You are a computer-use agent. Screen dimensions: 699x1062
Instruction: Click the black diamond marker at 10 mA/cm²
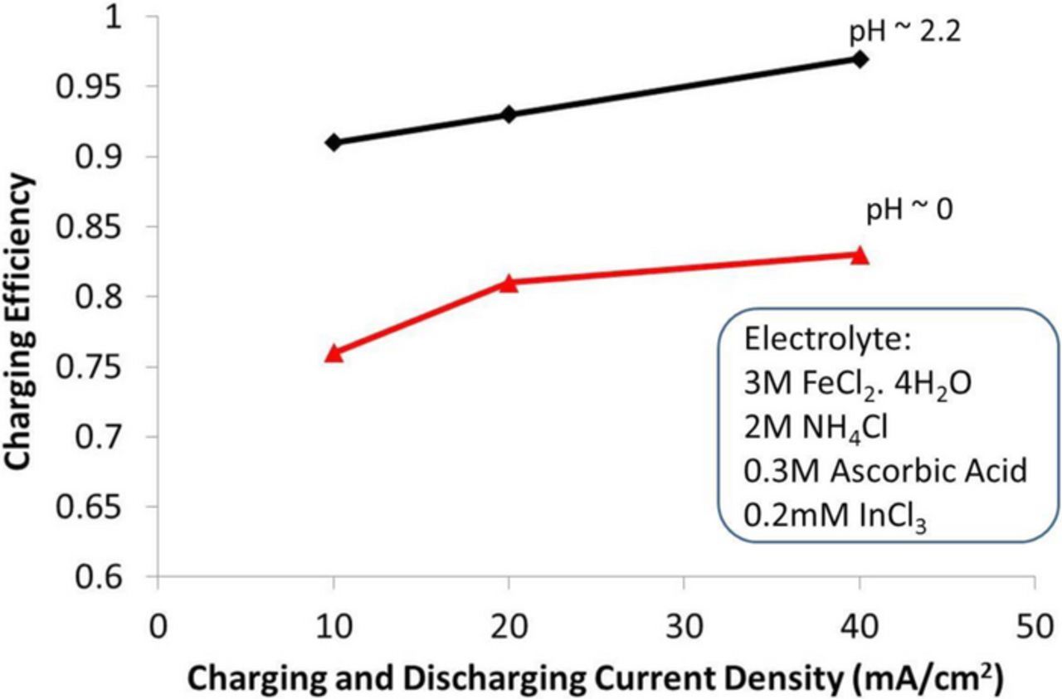click(x=334, y=143)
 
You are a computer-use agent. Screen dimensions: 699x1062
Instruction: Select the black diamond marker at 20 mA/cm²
click(x=509, y=114)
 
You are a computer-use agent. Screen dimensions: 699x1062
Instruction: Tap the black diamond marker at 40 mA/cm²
click(x=860, y=59)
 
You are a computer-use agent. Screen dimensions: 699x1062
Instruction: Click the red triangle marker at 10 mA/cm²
click(x=334, y=353)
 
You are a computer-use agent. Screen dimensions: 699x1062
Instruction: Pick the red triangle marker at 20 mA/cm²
click(x=509, y=283)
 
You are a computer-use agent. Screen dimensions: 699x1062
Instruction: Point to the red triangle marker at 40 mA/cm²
click(x=860, y=255)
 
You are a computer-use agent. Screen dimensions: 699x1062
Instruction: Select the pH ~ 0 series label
click(x=909, y=211)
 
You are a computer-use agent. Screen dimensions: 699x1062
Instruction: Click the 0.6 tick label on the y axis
click(x=121, y=577)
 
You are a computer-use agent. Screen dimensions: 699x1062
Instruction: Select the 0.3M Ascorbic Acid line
click(x=886, y=471)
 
